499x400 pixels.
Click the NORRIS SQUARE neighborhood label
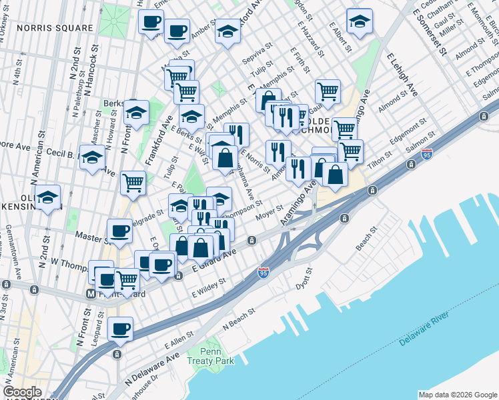(x=55, y=28)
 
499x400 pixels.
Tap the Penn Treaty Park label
(x=218, y=356)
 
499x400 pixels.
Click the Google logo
(x=22, y=392)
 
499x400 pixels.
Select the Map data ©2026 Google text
(x=458, y=395)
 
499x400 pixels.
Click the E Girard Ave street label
(x=215, y=261)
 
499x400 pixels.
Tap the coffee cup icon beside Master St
(x=120, y=231)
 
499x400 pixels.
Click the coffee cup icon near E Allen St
(x=120, y=328)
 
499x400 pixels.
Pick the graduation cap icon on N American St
(x=48, y=197)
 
